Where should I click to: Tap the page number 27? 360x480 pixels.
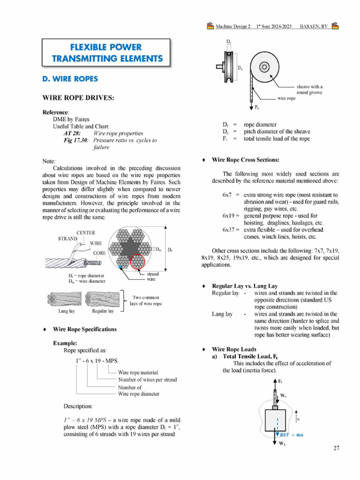point(336,448)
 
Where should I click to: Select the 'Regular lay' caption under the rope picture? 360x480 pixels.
point(103,311)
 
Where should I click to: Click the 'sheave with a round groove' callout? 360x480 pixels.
point(309,90)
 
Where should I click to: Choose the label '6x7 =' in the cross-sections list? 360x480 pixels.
point(231,195)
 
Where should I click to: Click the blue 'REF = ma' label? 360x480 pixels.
point(291,435)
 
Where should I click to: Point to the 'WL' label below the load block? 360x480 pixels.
point(283,443)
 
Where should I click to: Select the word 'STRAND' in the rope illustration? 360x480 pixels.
point(67,239)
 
